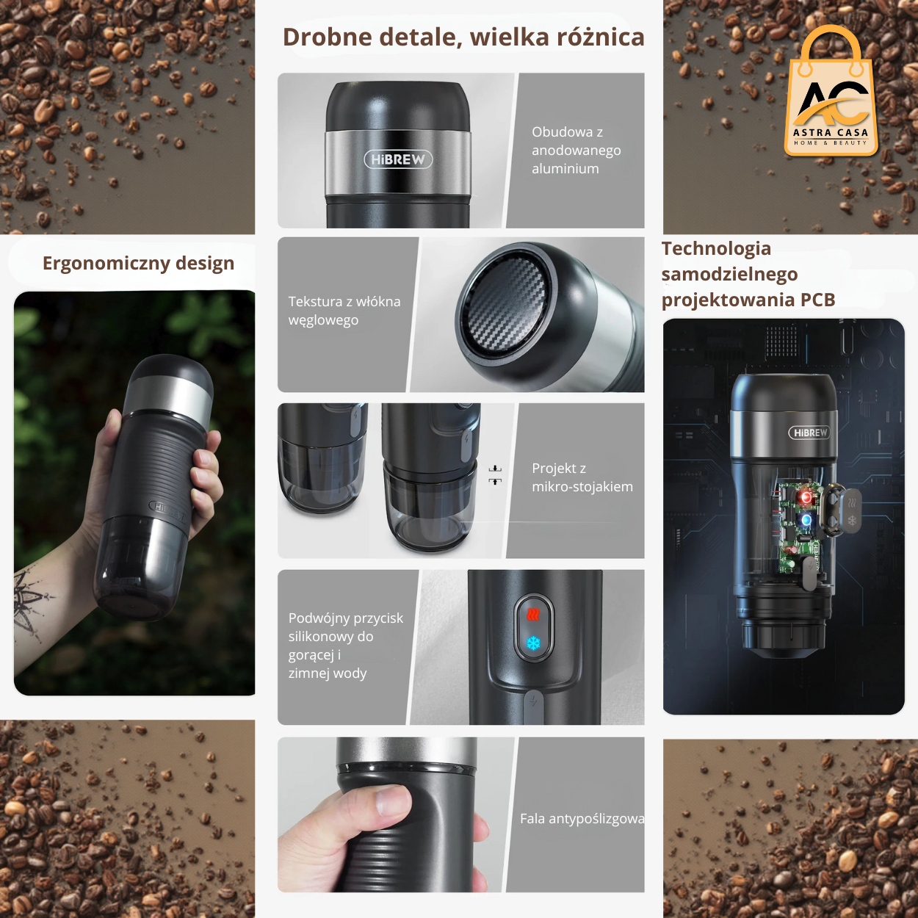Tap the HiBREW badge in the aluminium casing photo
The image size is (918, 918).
(398, 159)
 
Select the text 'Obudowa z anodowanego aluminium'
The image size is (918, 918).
(576, 150)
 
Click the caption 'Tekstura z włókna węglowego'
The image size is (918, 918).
(344, 311)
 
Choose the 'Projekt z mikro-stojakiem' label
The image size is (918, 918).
(582, 477)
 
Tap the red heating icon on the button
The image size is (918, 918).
(533, 615)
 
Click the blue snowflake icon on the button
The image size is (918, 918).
(533, 643)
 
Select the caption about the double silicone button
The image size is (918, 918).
(345, 646)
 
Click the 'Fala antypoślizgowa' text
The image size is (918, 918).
(582, 818)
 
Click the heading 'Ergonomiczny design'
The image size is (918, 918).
(138, 263)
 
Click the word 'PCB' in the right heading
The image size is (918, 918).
(817, 300)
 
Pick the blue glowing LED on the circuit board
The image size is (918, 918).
(806, 520)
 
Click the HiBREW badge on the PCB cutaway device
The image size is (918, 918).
(810, 433)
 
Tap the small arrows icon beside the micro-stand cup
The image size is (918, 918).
(496, 474)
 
